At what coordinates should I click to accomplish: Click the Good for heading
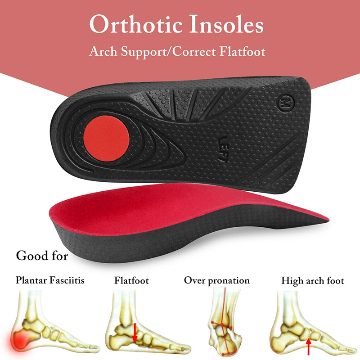(42, 256)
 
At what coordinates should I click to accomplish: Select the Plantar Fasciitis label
(50, 281)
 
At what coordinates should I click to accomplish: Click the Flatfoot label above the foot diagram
(131, 281)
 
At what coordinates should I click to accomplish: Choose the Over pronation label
(217, 281)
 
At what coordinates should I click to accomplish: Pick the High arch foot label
(313, 281)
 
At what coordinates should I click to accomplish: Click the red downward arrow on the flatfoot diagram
(134, 331)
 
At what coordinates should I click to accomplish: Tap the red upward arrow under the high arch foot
(308, 346)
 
